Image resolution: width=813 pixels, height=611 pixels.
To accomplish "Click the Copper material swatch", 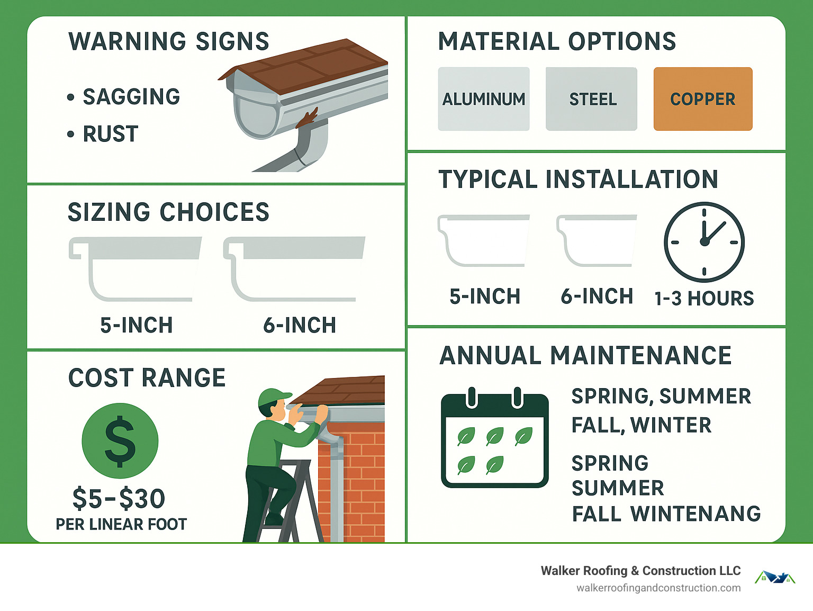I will [702, 99].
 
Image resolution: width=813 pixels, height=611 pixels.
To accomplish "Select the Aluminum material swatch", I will [483, 99].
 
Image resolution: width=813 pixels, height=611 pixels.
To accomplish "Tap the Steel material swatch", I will [591, 99].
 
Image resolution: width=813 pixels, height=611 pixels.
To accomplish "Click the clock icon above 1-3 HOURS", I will [704, 242].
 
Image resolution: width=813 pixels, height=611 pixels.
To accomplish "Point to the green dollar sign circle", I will [120, 441].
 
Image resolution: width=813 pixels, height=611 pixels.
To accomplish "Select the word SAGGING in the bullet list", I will [131, 97].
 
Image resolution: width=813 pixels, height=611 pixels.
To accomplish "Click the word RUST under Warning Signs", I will [111, 134].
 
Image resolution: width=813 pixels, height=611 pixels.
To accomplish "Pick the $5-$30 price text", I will [119, 499].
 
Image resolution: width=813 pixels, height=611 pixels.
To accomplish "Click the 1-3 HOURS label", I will [704, 299].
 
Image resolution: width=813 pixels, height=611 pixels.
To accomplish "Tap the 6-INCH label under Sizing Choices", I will [300, 325].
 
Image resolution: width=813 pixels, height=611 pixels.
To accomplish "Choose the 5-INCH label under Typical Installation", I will [485, 296].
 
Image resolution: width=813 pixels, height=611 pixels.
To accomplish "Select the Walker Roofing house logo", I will [774, 578].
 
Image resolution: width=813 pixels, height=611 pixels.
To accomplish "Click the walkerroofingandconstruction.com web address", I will [658, 588].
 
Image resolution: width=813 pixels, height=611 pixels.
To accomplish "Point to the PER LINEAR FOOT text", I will [121, 524].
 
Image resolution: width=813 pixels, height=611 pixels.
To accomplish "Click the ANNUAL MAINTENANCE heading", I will [585, 355].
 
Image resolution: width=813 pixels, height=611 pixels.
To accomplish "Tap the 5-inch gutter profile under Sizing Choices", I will [135, 268].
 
